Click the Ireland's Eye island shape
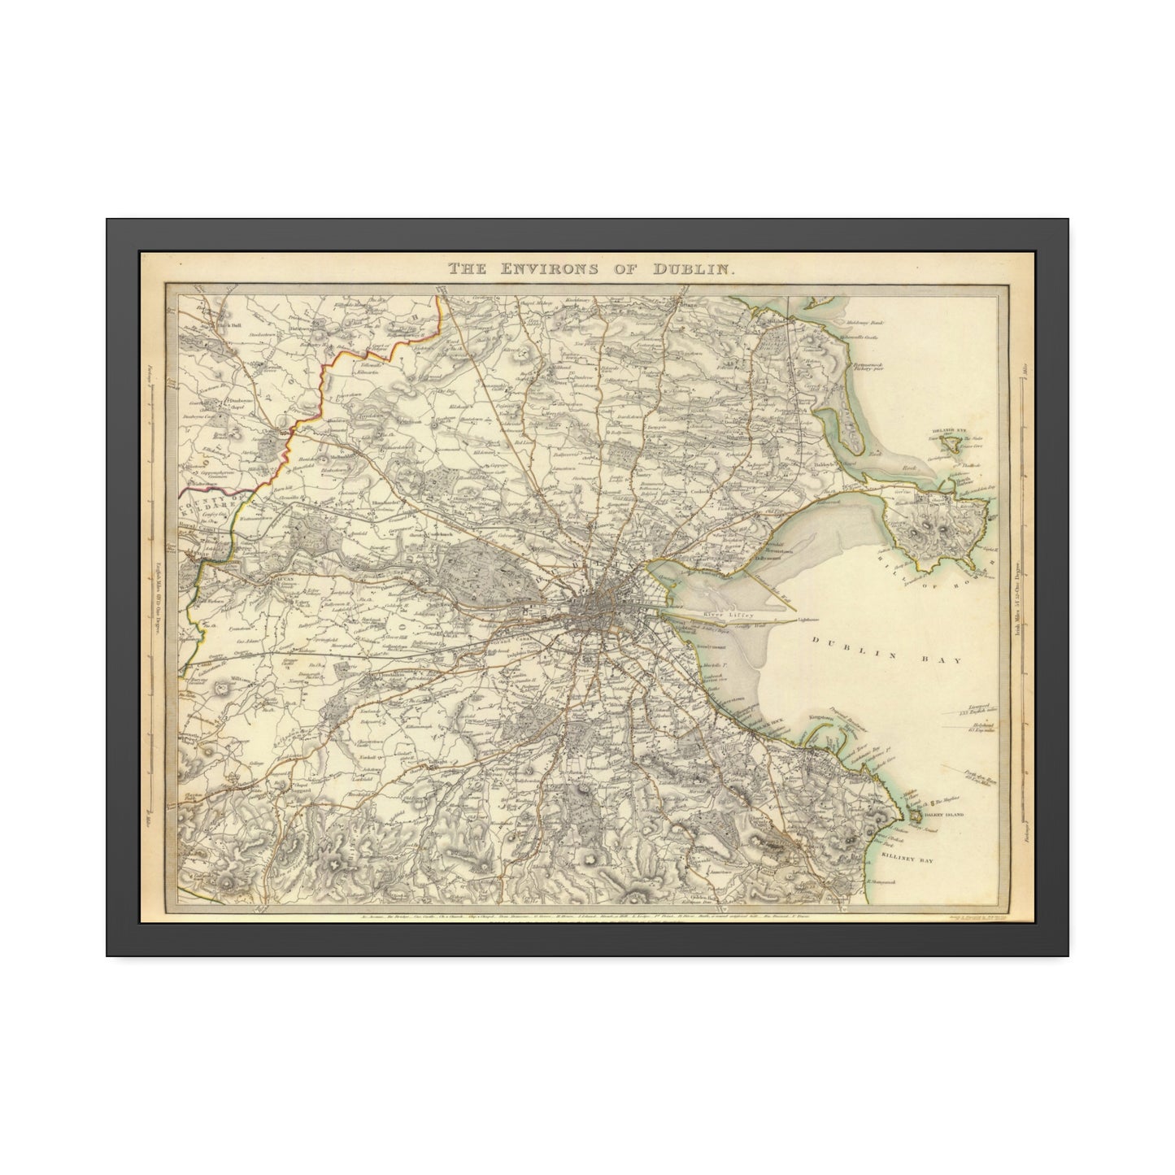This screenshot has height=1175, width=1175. click(x=948, y=444)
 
